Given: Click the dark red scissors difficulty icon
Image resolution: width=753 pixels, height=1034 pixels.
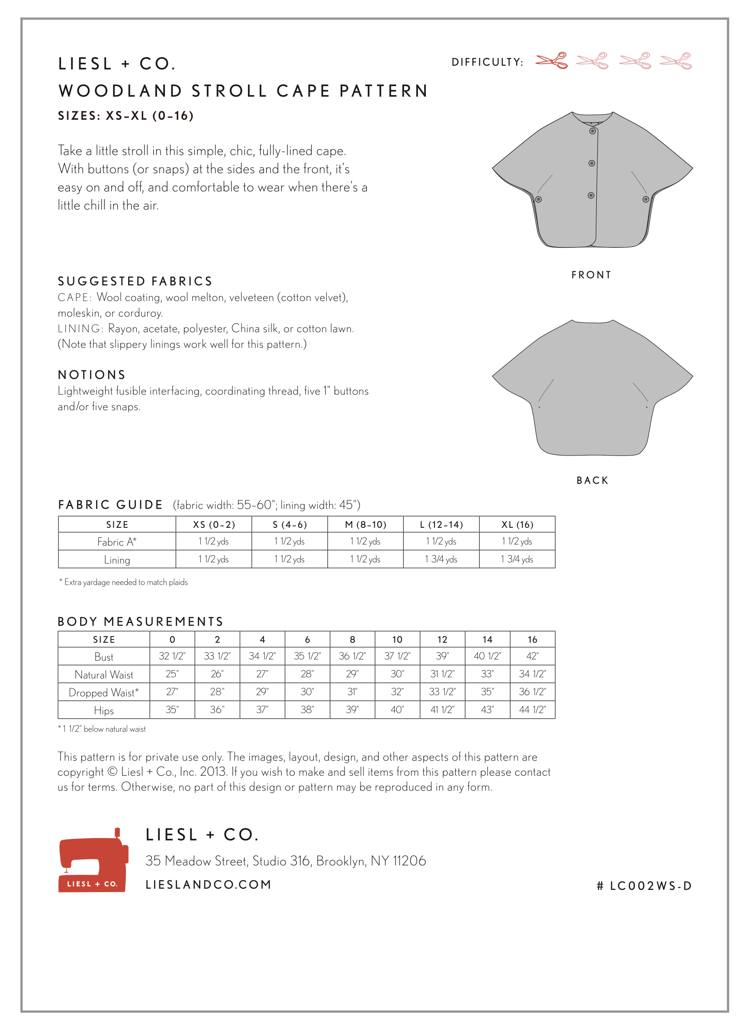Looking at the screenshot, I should coord(551,61).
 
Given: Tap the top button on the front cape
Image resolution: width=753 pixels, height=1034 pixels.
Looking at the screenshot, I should coord(592,131).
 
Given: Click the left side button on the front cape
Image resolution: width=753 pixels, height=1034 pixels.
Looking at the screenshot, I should coord(539,200).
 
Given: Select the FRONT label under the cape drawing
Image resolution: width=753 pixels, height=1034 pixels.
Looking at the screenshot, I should coord(591,275).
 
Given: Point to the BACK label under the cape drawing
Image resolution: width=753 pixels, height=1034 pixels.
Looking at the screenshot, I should coord(592,481).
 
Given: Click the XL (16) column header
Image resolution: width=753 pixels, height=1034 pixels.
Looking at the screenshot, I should coord(517,525).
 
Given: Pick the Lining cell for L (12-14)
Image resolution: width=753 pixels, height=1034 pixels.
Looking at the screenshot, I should coord(441,559).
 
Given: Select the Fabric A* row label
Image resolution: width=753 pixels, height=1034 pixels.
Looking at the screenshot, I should coord(117,542).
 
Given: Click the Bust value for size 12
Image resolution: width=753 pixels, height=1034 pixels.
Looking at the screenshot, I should coord(442,656).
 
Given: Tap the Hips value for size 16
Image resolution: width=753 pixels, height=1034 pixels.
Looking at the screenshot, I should coord(532,710).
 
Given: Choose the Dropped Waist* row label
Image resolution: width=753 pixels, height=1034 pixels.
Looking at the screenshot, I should coord(103,693).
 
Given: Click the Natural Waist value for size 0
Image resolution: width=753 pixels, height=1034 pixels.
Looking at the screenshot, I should coord(172,674).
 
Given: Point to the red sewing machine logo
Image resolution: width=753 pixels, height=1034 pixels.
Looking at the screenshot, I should coord(93,861).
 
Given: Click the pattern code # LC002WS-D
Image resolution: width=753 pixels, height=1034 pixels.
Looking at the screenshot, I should coord(644,886).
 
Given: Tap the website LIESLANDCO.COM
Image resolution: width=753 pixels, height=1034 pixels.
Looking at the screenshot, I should coord(209,885).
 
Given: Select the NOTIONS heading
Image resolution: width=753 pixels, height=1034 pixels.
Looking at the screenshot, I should coord(92,375).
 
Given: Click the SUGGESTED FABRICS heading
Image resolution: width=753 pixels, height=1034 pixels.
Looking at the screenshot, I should coord(135,281).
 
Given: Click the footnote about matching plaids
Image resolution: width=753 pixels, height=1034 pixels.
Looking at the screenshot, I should coord(124,582).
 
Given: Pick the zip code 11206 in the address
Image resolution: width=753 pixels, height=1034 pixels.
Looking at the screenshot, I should coord(409,861).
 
